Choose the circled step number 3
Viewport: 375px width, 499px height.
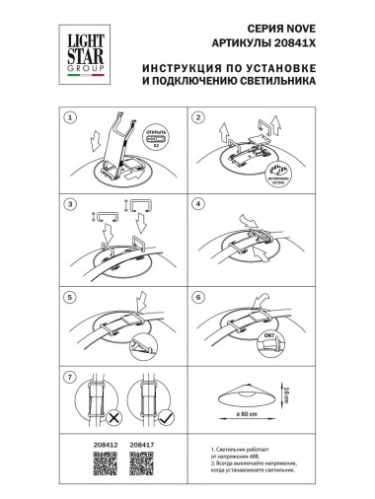pyautogui.click(x=69, y=204)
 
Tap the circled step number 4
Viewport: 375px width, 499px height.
pyautogui.click(x=197, y=204)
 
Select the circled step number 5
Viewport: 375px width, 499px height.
pyautogui.click(x=69, y=295)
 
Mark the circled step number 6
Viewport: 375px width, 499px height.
pyautogui.click(x=197, y=295)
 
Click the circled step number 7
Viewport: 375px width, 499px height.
pyautogui.click(x=69, y=378)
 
